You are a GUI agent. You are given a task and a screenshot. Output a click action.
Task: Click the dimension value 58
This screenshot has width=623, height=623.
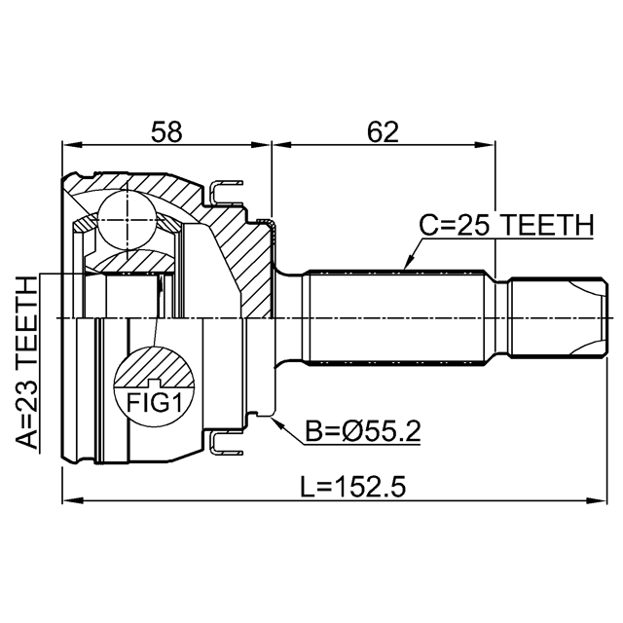coord(166,132)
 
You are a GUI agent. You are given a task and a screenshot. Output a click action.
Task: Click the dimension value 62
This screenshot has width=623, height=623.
coord(383,132)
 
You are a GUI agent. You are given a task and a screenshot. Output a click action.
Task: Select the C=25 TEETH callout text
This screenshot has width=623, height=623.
coord(506,225)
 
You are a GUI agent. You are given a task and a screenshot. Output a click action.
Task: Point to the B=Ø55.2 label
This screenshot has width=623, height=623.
coord(363,431)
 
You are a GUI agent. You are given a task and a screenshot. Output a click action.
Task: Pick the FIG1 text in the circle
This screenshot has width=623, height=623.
coord(154,403)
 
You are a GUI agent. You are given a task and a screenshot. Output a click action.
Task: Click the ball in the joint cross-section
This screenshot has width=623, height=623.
coord(127,220)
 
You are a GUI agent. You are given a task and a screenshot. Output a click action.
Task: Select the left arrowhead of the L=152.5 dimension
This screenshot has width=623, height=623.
coord(72,499)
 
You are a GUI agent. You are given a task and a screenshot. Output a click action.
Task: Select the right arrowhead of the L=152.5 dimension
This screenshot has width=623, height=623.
coord(597,499)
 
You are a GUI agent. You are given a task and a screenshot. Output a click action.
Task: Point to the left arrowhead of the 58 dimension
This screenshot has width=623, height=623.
coord(72,145)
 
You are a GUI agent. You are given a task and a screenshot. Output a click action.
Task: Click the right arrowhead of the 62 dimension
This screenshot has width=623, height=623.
coord(486,145)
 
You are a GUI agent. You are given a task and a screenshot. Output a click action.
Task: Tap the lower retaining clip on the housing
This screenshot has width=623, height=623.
coord(225,444)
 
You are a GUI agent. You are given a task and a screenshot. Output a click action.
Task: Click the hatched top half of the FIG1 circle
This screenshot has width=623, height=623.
coord(154,366)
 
